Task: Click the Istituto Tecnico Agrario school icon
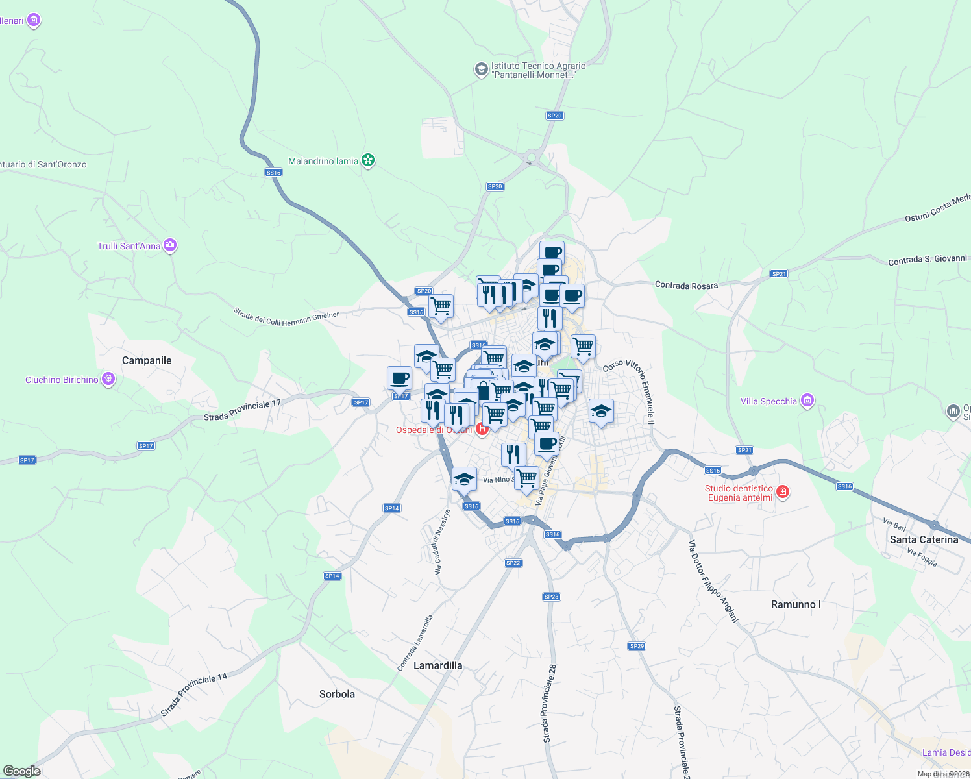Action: click(481, 69)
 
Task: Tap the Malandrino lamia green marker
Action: click(368, 160)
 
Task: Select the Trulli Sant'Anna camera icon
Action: click(170, 245)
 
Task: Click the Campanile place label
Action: click(147, 360)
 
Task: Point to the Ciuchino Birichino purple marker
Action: click(108, 379)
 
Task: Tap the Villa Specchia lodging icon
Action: click(807, 401)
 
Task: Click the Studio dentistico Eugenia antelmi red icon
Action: click(783, 492)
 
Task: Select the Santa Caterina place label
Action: click(924, 539)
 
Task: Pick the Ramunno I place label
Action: click(796, 604)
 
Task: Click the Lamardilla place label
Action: click(438, 665)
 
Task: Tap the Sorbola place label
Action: click(337, 694)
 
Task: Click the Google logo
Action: click(22, 771)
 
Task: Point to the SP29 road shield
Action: click(637, 646)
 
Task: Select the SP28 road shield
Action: click(551, 597)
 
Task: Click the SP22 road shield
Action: click(513, 563)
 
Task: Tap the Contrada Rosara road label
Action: click(686, 285)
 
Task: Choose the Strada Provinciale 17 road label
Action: click(242, 410)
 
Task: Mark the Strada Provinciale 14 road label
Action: click(194, 695)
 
